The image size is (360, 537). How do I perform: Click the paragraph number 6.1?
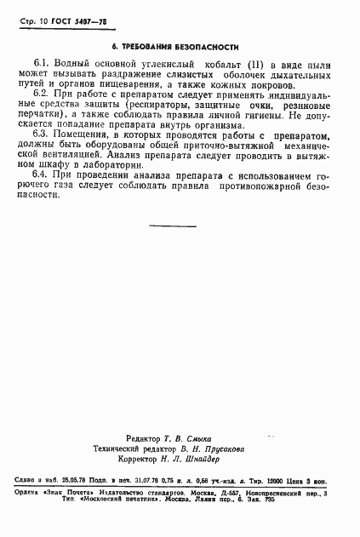[x=43, y=65]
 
